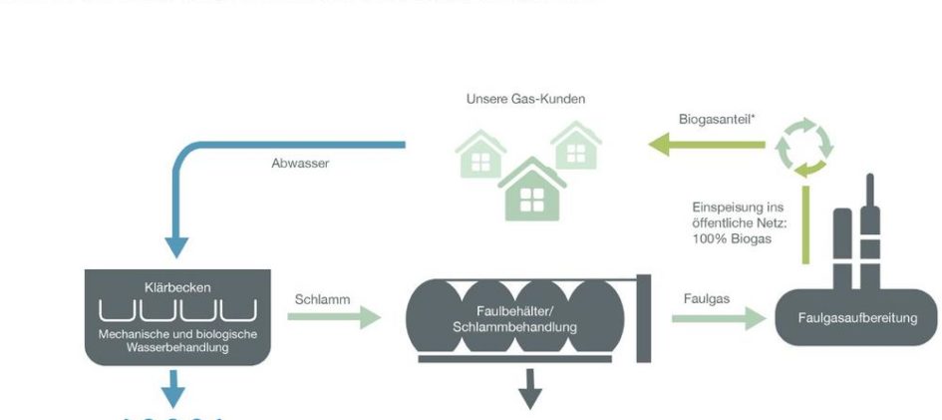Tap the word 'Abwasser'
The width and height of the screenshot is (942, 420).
coord(300,164)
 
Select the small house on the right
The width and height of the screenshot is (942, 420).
coord(575,146)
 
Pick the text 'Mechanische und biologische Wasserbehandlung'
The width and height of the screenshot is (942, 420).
coord(175,340)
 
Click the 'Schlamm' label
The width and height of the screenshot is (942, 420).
coord(320,298)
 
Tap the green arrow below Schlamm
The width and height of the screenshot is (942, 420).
coord(334,318)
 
